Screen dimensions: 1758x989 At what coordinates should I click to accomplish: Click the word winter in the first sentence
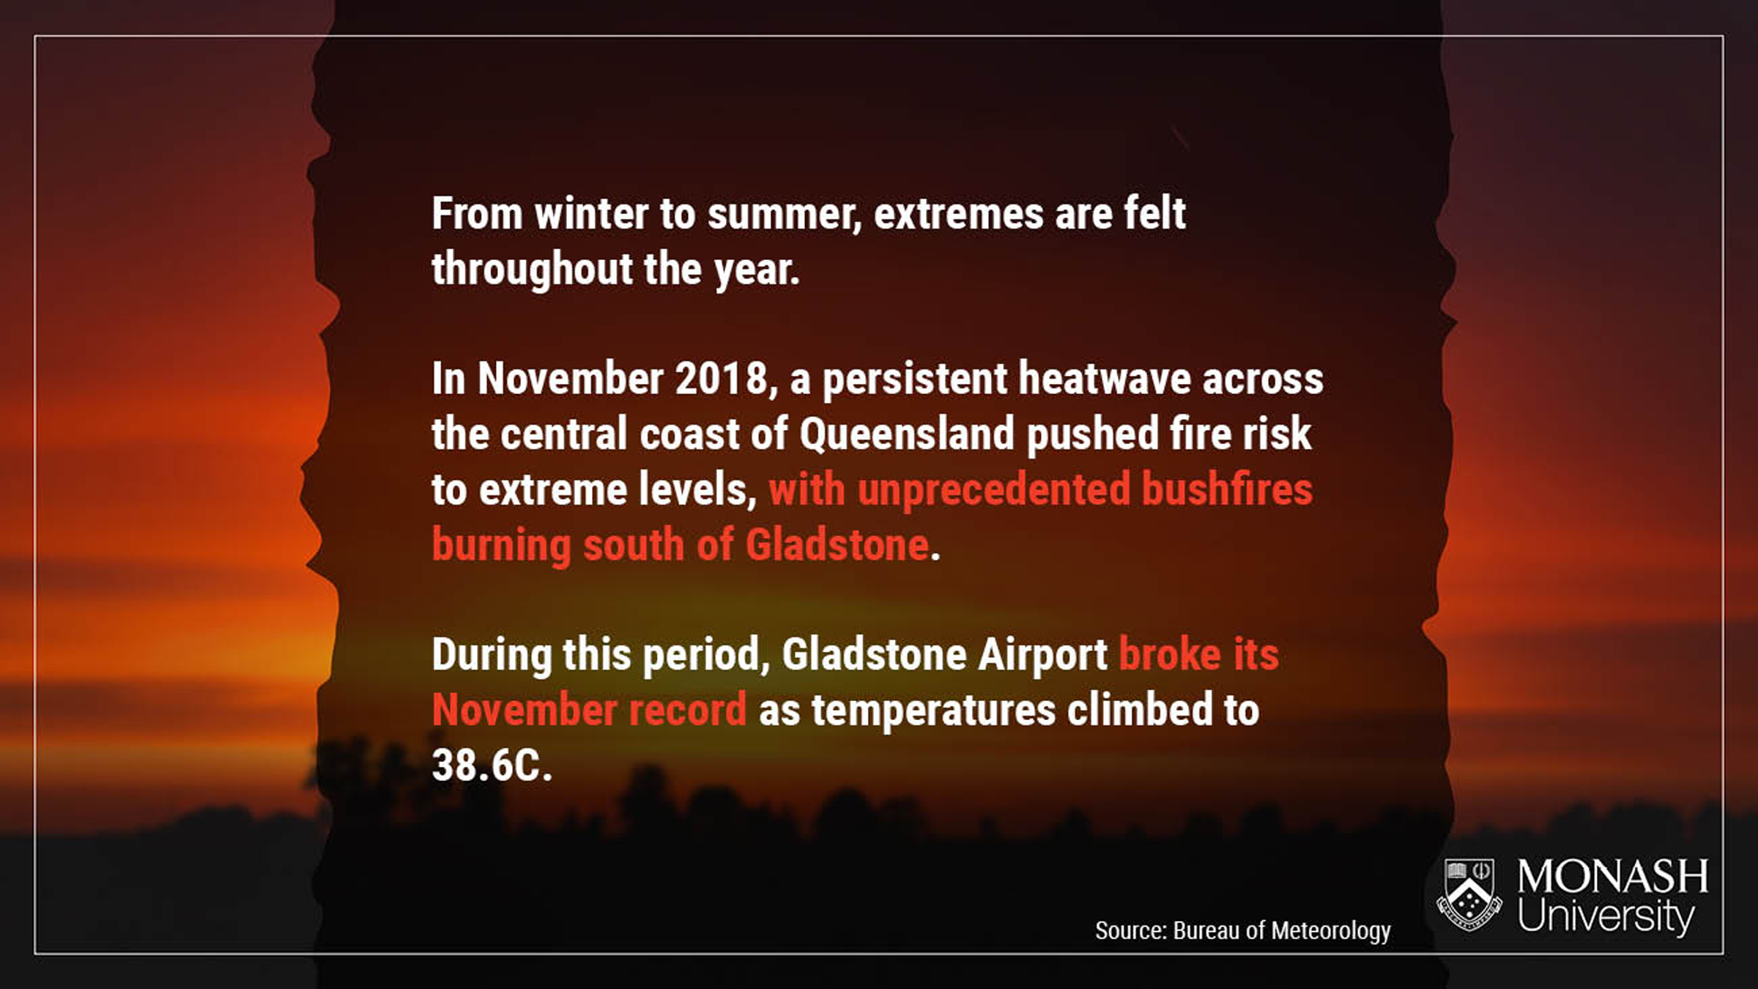pos(592,214)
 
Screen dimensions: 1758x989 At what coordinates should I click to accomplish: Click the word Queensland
pos(907,435)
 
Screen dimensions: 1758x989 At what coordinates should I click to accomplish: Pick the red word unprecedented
pos(994,491)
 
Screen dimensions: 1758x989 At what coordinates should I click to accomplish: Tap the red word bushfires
pos(1227,489)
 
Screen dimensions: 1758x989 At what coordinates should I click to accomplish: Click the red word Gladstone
pos(837,545)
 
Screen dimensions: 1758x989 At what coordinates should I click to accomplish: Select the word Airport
pos(1043,656)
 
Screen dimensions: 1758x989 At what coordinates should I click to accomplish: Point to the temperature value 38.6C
pos(492,766)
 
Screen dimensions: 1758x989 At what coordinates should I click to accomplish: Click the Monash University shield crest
pos(1470,896)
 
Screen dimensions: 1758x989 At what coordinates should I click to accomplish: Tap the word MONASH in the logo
pos(1613,877)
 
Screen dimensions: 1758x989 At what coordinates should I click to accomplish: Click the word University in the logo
pos(1606,916)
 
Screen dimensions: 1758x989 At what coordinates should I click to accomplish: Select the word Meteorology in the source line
pos(1331,931)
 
